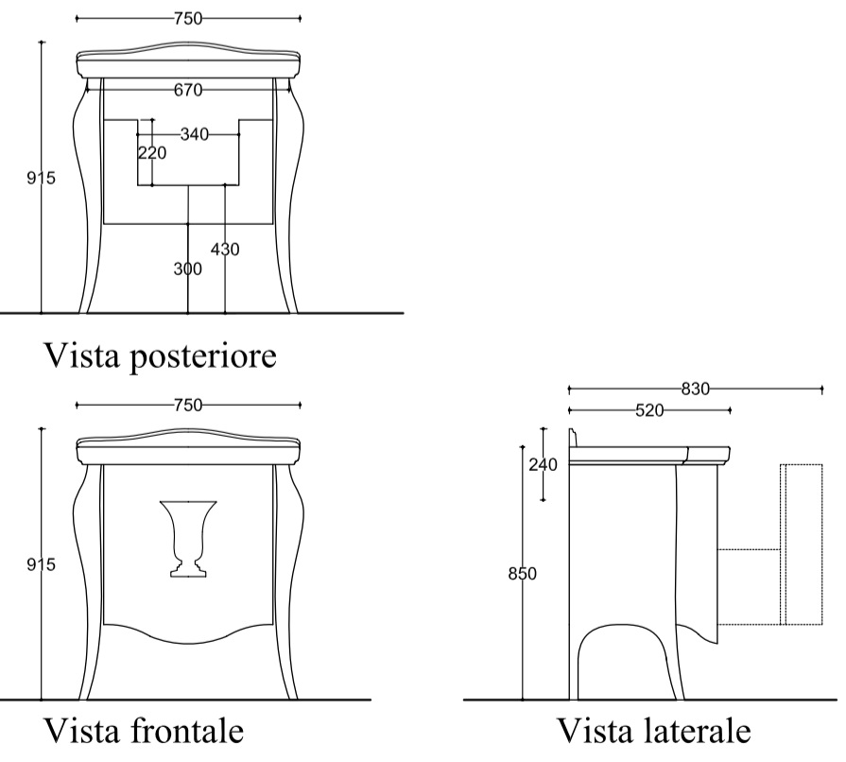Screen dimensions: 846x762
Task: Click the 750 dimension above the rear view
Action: click(x=188, y=18)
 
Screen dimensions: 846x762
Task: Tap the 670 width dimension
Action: click(x=188, y=90)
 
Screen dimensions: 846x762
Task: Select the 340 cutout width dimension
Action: click(x=194, y=134)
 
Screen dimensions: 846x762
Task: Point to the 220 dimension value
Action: click(x=152, y=153)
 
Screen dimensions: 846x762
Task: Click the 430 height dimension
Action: click(x=225, y=250)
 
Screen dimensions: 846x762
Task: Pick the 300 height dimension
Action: click(x=188, y=268)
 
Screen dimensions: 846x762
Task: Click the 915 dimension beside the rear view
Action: click(x=41, y=178)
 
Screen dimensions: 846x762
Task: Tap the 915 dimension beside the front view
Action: click(x=41, y=564)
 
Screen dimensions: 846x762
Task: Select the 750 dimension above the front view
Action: click(x=188, y=405)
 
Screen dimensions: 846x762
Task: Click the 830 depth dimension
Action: click(x=696, y=389)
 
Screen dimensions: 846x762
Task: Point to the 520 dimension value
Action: click(x=649, y=410)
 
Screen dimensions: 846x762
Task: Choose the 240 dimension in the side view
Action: click(x=543, y=464)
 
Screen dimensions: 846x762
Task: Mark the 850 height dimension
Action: click(x=523, y=574)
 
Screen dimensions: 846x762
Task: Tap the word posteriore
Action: click(x=203, y=356)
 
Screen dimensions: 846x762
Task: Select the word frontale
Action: click(x=187, y=731)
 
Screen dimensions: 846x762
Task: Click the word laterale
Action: click(x=698, y=731)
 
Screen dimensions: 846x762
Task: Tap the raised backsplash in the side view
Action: click(x=573, y=439)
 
